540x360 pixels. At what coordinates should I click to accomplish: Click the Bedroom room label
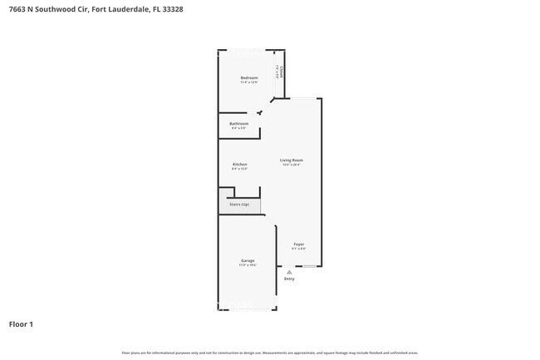pos(249,78)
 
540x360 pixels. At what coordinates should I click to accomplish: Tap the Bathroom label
pos(239,124)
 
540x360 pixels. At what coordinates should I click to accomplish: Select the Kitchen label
pos(239,164)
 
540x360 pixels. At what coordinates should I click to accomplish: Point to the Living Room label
pos(291,160)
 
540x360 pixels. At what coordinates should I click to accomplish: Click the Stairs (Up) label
pos(239,205)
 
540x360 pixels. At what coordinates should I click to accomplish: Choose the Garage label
pos(248,260)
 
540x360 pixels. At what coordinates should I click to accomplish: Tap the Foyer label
pos(299,244)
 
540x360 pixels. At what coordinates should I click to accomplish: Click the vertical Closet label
pos(282,72)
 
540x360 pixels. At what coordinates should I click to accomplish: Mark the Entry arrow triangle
pos(289,272)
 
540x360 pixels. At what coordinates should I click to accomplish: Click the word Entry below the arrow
pos(289,279)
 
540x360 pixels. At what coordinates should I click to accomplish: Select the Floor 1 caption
pos(21,324)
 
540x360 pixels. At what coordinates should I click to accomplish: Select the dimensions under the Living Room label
pos(291,165)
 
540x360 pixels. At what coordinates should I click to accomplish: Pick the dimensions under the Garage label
pos(248,265)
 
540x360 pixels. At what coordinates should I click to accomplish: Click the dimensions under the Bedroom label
pos(249,82)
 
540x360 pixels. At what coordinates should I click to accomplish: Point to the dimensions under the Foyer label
pos(299,249)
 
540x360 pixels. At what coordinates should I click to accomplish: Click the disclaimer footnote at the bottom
pos(270,353)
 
